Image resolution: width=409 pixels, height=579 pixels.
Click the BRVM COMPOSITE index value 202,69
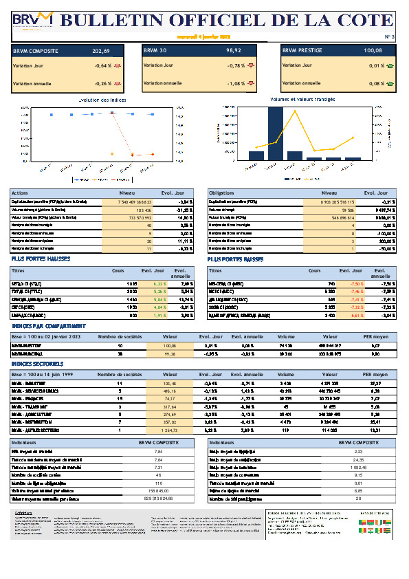tap(100, 51)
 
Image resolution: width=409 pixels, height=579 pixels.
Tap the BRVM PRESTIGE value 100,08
tap(373, 51)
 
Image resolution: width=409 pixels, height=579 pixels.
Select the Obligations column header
tap(223, 193)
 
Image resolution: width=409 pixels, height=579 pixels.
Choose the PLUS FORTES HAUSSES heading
tap(40, 259)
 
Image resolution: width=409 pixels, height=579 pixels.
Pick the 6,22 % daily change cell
tap(159, 283)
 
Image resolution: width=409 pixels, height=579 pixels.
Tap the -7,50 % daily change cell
tap(356, 283)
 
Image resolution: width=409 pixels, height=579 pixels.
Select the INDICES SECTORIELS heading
tap(38, 363)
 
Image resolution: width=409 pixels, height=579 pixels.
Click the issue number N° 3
tap(389, 36)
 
